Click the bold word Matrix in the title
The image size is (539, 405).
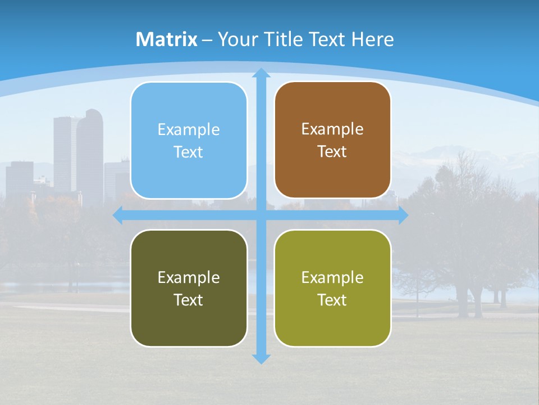pyautogui.click(x=167, y=39)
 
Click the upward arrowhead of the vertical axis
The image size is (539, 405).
pyautogui.click(x=261, y=74)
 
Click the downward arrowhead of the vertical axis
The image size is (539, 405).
pyautogui.click(x=261, y=358)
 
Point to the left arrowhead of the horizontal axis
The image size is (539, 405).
pyautogui.click(x=118, y=215)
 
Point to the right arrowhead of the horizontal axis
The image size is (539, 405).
pyautogui.click(x=403, y=215)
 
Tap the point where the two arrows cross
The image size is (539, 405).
pyautogui.click(x=261, y=215)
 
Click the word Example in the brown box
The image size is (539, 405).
pyautogui.click(x=332, y=129)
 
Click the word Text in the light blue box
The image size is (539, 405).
pyautogui.click(x=189, y=152)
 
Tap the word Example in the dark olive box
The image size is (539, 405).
pyautogui.click(x=189, y=277)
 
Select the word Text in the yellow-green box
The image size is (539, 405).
pyautogui.click(x=332, y=300)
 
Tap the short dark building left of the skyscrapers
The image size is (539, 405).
pyautogui.click(x=20, y=177)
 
